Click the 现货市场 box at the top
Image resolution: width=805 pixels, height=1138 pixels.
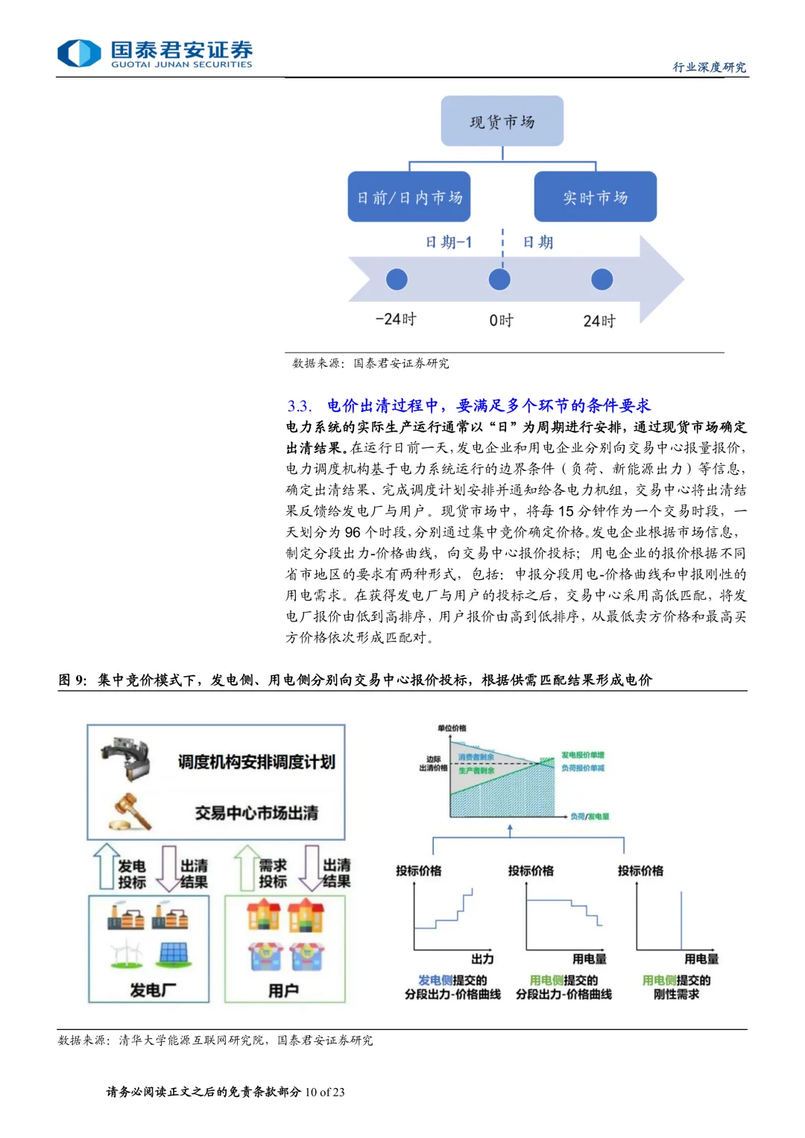tap(502, 121)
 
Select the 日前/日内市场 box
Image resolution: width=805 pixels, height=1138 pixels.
tap(408, 197)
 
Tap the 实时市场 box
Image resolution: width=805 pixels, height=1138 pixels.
tap(595, 197)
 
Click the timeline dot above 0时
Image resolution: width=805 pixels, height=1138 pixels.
tap(499, 279)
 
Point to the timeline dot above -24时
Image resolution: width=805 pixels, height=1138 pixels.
tap(397, 279)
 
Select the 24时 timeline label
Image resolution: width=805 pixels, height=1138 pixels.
tap(599, 320)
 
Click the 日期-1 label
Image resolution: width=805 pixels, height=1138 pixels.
tap(448, 241)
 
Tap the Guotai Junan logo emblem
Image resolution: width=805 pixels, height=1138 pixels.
tap(79, 53)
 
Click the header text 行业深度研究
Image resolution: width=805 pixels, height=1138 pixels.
tap(709, 67)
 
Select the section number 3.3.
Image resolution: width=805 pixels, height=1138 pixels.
tap(300, 405)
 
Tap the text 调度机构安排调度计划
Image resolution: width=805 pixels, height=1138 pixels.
tap(256, 762)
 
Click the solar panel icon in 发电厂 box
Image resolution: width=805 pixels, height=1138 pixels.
tap(173, 953)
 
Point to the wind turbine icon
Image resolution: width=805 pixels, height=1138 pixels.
tap(126, 953)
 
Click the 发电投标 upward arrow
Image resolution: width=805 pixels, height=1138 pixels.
tap(106, 866)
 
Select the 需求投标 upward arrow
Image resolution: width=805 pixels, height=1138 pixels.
tap(246, 866)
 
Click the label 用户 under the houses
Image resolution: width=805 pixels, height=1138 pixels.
tap(283, 990)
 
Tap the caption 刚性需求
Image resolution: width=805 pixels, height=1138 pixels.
tap(676, 994)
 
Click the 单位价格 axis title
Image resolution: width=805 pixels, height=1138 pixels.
tap(452, 727)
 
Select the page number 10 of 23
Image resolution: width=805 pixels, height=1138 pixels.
tap(324, 1092)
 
